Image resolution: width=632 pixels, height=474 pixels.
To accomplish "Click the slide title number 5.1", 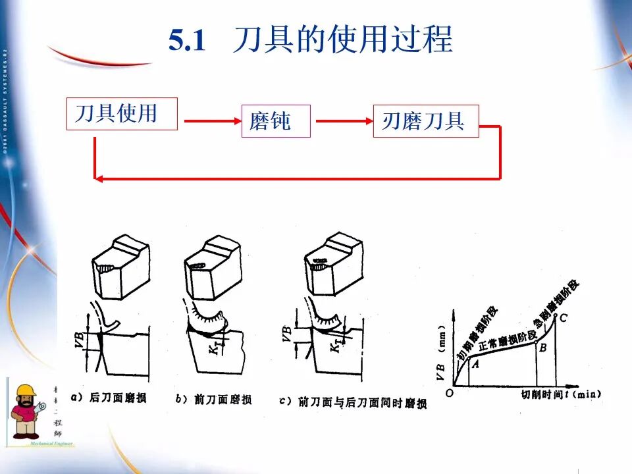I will click(187, 41).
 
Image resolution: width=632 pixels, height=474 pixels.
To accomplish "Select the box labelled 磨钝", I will click(276, 121).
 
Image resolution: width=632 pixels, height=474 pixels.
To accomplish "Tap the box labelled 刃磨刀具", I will click(425, 121).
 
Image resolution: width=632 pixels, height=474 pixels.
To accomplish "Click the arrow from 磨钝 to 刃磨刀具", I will click(342, 121).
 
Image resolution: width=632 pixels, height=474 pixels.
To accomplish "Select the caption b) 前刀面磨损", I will click(213, 399).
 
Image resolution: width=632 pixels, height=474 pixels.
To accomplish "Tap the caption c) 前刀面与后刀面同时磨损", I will click(353, 402).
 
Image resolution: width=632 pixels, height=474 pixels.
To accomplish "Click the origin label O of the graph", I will click(449, 392).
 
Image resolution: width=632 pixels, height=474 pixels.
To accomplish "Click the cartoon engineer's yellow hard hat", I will click(26, 391).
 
